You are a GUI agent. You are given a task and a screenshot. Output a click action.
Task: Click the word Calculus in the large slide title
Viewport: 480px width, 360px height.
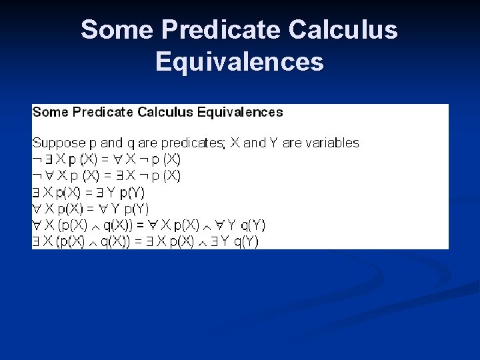click(343, 31)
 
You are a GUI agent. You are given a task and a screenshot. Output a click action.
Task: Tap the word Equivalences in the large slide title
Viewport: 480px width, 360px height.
click(239, 62)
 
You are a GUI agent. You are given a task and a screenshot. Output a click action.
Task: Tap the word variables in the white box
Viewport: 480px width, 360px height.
click(331, 143)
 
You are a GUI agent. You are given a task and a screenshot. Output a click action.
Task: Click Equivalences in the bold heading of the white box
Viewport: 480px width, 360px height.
click(242, 112)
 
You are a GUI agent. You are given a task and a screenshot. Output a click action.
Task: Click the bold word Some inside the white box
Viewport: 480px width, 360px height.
click(50, 112)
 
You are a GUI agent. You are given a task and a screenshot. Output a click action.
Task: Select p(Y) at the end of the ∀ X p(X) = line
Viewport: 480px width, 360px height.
click(135, 209)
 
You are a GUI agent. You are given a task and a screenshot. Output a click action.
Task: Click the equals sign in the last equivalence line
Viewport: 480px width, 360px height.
click(138, 241)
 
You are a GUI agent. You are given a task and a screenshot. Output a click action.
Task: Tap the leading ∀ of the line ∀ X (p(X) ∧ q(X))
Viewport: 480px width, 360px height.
click(37, 225)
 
